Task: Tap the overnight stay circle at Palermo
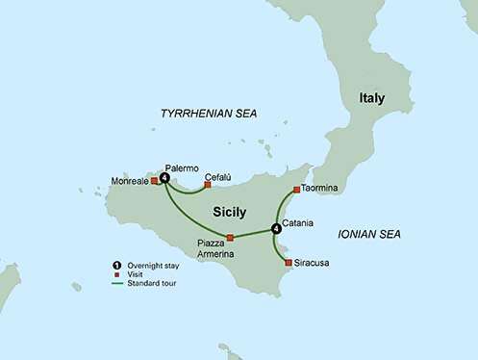tap(165, 177)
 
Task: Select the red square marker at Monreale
tap(154, 180)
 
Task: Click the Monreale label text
tap(130, 180)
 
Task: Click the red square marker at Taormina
tap(296, 189)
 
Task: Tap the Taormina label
tap(319, 189)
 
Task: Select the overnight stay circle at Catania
tap(277, 228)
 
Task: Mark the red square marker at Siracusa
tap(289, 261)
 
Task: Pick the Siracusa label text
tap(314, 261)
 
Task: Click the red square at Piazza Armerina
tap(230, 238)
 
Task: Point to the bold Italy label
tap(372, 99)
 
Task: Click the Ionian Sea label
tap(368, 234)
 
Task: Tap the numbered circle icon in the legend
tap(116, 264)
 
